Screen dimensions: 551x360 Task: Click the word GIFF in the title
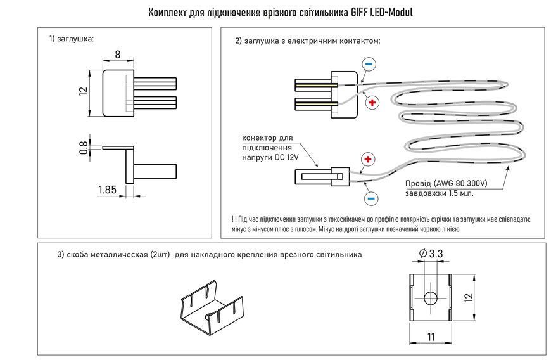click(359, 13)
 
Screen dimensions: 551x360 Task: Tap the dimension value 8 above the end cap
click(118, 55)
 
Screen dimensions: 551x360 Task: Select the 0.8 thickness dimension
click(84, 148)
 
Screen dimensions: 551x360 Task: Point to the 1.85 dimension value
click(107, 190)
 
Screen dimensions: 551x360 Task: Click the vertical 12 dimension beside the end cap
click(83, 91)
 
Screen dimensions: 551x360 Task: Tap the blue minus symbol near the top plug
click(369, 64)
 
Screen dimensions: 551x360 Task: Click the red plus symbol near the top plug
click(372, 103)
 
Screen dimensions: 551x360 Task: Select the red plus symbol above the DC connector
click(368, 159)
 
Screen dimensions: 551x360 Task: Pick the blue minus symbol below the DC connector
click(370, 198)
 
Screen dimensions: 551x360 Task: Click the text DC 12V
click(287, 157)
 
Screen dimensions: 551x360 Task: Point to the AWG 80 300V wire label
click(460, 184)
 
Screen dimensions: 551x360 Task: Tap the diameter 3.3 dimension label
click(431, 254)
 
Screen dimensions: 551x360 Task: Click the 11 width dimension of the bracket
click(431, 337)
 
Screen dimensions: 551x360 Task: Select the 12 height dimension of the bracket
click(469, 297)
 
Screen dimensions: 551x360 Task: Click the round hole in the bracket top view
click(431, 298)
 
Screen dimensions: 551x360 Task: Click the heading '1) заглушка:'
click(72, 39)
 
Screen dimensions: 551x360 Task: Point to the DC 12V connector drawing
click(322, 176)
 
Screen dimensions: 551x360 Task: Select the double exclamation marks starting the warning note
click(234, 219)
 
